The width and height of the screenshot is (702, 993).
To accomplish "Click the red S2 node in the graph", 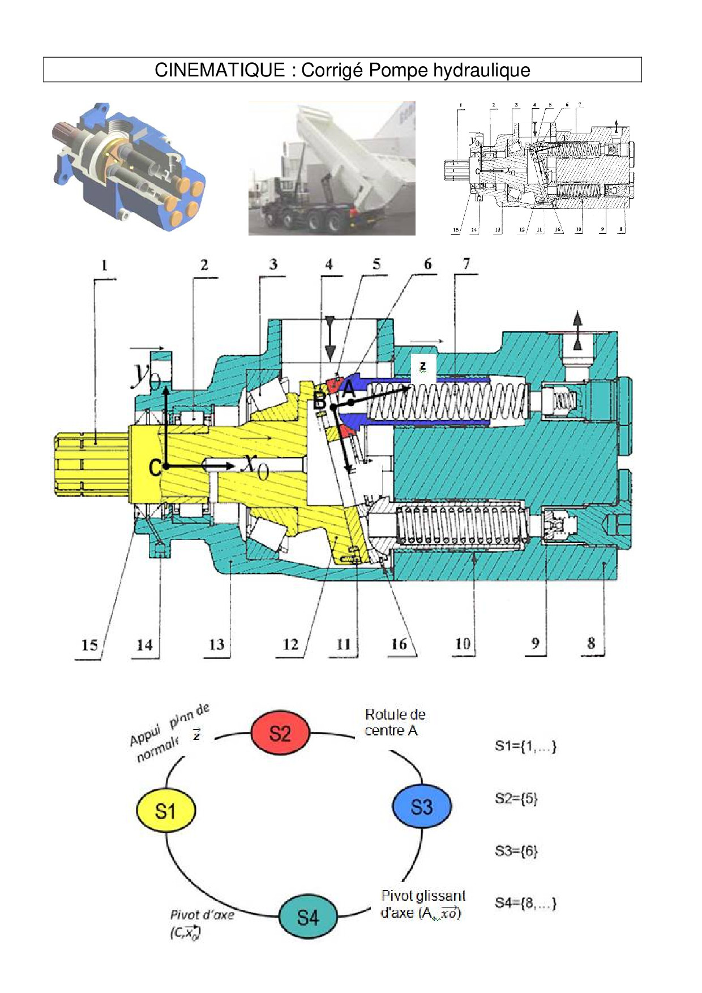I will coord(280,733).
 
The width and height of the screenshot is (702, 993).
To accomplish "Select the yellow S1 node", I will coord(166,811).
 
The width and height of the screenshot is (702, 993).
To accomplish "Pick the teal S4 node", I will coord(308,917).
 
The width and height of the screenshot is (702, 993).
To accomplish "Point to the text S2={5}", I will coord(516,798).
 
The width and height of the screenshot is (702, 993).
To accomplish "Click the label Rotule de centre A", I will coord(395,722).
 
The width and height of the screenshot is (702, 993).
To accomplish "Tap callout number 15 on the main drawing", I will coord(89,645).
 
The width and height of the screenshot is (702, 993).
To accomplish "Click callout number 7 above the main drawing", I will coord(466,264).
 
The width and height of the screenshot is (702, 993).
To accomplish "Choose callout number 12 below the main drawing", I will coord(290,644).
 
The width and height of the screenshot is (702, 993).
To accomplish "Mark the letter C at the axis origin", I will coord(155,468).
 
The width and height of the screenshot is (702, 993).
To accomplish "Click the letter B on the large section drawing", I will coord(320,400).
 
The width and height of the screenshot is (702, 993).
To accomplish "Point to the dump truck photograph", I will coord(332,168).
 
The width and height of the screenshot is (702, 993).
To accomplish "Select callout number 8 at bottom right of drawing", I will coord(591,643).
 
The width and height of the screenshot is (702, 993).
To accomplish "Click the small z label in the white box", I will coord(422,366).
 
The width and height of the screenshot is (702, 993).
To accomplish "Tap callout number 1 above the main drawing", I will coord(104,265).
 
